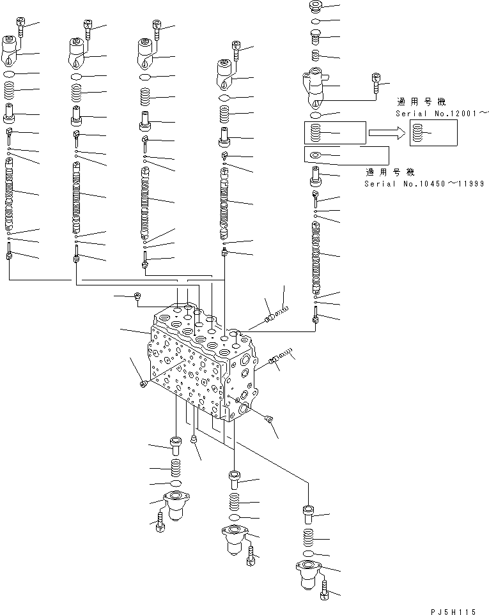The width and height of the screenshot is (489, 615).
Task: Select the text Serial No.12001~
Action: coord(442,113)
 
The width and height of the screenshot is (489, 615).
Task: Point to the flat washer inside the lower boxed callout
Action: coord(314,155)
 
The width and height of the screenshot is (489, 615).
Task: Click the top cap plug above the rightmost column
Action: coord(314,6)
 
